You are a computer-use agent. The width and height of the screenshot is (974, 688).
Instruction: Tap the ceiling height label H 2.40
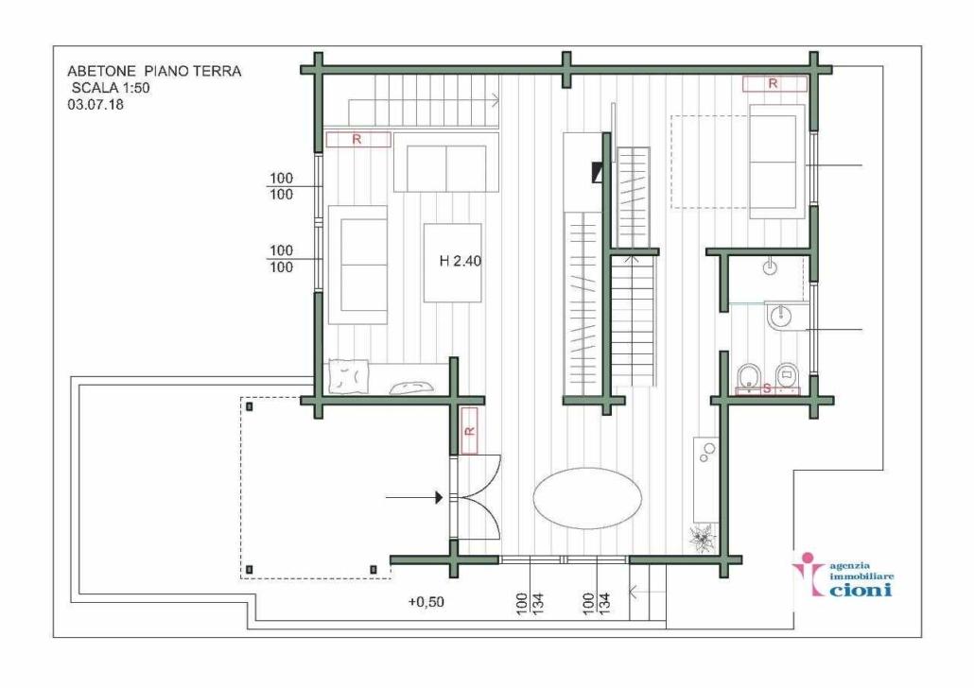click(x=461, y=263)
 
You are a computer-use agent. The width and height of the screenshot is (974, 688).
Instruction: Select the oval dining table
click(x=587, y=497)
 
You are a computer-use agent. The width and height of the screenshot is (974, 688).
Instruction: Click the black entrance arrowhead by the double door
click(x=439, y=496)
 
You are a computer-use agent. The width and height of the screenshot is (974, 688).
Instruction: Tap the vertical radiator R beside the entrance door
click(x=468, y=431)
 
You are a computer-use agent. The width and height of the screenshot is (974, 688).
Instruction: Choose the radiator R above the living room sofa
click(x=357, y=140)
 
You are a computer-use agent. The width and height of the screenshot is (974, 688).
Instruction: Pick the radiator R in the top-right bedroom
click(x=774, y=84)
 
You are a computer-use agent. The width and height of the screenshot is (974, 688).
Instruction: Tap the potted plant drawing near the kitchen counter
click(x=702, y=539)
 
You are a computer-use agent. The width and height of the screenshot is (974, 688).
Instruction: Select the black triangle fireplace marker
click(x=598, y=172)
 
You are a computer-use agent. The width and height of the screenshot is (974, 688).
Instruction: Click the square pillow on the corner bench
click(x=346, y=376)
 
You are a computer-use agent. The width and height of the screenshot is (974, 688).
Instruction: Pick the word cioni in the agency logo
click(x=859, y=591)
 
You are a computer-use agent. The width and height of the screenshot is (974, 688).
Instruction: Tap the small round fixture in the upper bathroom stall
click(x=770, y=268)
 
